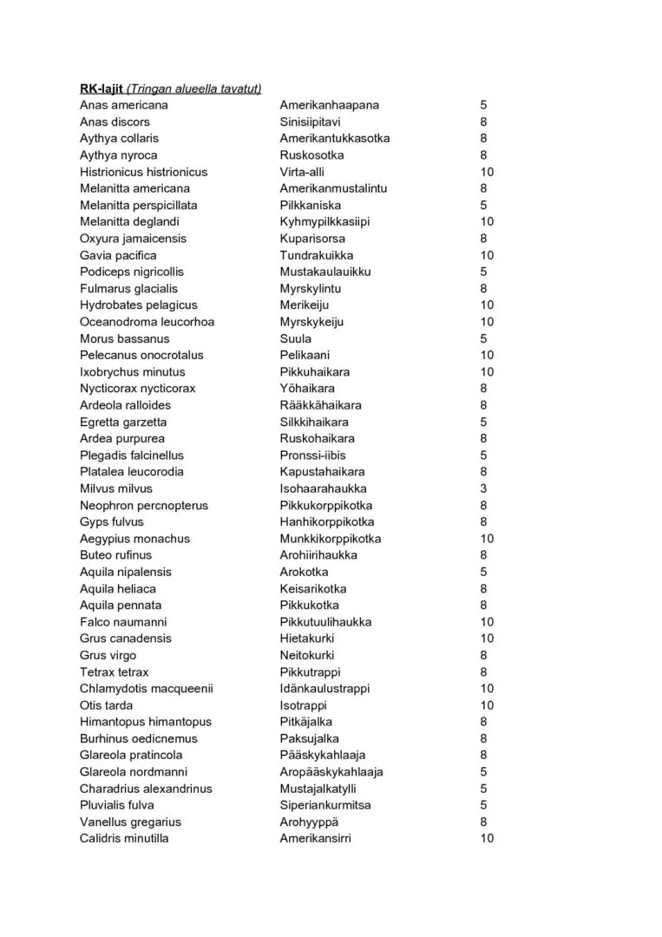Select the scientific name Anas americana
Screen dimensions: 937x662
point(124,105)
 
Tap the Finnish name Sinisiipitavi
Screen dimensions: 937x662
point(310,121)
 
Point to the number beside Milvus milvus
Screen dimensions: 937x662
point(483,488)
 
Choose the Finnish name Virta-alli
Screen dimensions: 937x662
point(303,172)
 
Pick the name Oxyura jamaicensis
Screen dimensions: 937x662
point(133,239)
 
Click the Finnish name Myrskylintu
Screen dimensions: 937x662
point(308,288)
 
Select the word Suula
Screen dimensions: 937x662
point(295,338)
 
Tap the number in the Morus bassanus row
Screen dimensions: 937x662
point(483,338)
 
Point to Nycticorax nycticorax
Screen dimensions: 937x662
point(138,389)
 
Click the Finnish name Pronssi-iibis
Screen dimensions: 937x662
point(311,455)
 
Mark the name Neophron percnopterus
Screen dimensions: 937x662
point(144,506)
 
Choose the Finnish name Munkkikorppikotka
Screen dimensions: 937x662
point(330,539)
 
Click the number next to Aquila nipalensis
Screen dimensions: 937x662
point(483,572)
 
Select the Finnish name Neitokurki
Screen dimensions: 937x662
point(306,655)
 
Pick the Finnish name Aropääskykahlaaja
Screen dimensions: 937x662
point(331,772)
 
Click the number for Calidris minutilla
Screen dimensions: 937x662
point(487,839)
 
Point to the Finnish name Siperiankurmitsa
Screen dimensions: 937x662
point(325,805)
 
